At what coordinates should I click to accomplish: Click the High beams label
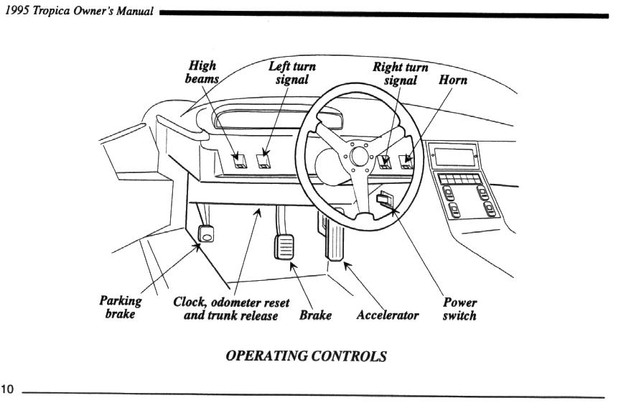click(x=201, y=72)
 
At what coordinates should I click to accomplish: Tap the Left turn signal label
click(x=291, y=72)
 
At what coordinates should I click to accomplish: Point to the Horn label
click(x=452, y=80)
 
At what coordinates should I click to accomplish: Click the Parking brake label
click(x=120, y=307)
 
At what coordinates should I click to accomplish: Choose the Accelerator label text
click(x=387, y=315)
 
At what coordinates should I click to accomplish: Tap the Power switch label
click(x=459, y=309)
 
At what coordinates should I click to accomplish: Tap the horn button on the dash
click(x=407, y=161)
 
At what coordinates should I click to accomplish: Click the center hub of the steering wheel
click(x=357, y=154)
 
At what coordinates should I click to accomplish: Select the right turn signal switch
click(x=385, y=161)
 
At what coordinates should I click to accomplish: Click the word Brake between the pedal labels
click(x=315, y=315)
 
